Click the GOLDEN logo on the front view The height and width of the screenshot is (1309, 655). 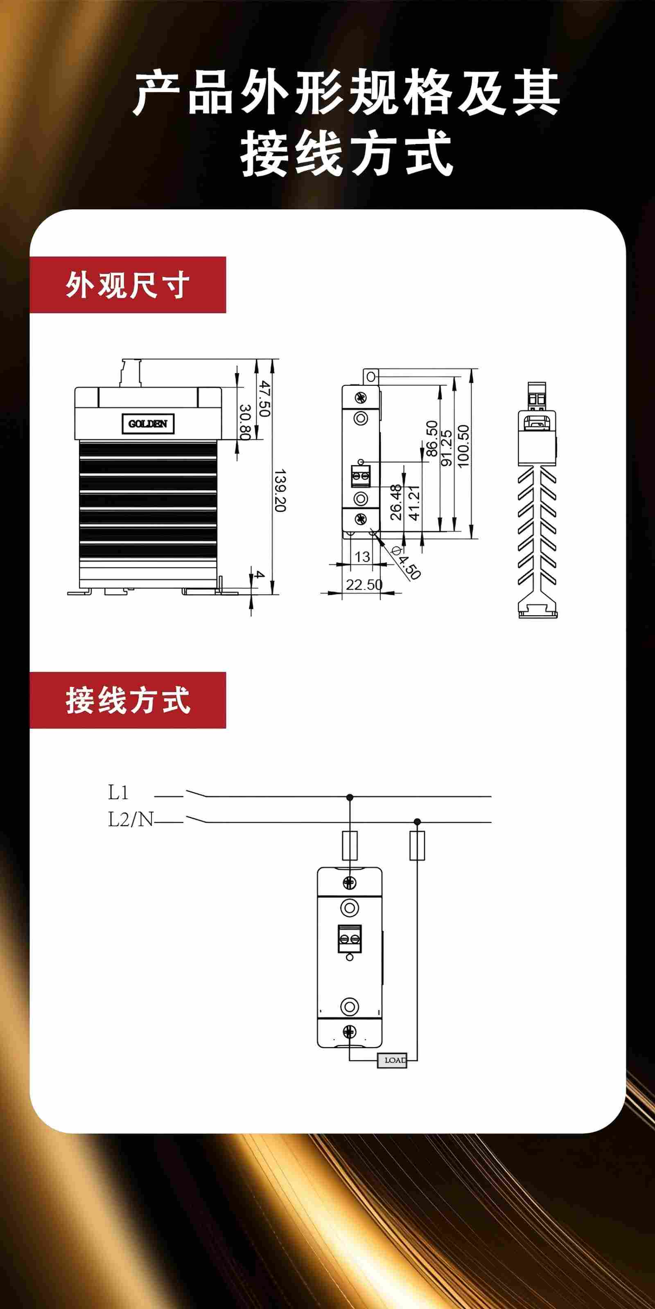pyautogui.click(x=148, y=424)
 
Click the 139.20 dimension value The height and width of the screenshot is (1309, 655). pyautogui.click(x=280, y=490)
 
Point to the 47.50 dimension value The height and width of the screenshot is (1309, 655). pyautogui.click(x=263, y=398)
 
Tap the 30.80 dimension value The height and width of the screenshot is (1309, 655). pyautogui.click(x=245, y=422)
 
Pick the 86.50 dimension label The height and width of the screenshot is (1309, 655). pyautogui.click(x=432, y=439)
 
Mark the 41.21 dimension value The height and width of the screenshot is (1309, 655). pyautogui.click(x=414, y=503)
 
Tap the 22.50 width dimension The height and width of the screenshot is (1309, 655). pyautogui.click(x=364, y=585)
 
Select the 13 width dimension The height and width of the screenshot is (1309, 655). pyautogui.click(x=362, y=557)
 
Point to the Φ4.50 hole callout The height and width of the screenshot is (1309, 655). pyautogui.click(x=407, y=562)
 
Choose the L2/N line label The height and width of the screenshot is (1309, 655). pyautogui.click(x=130, y=819)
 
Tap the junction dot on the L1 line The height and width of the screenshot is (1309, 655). pyautogui.click(x=349, y=797)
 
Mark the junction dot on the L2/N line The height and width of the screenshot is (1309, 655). pyautogui.click(x=417, y=822)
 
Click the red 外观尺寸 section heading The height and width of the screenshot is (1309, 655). pyautogui.click(x=128, y=285)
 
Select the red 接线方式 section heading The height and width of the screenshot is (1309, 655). pyautogui.click(x=128, y=700)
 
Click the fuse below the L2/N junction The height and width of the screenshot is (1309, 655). pyautogui.click(x=417, y=846)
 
